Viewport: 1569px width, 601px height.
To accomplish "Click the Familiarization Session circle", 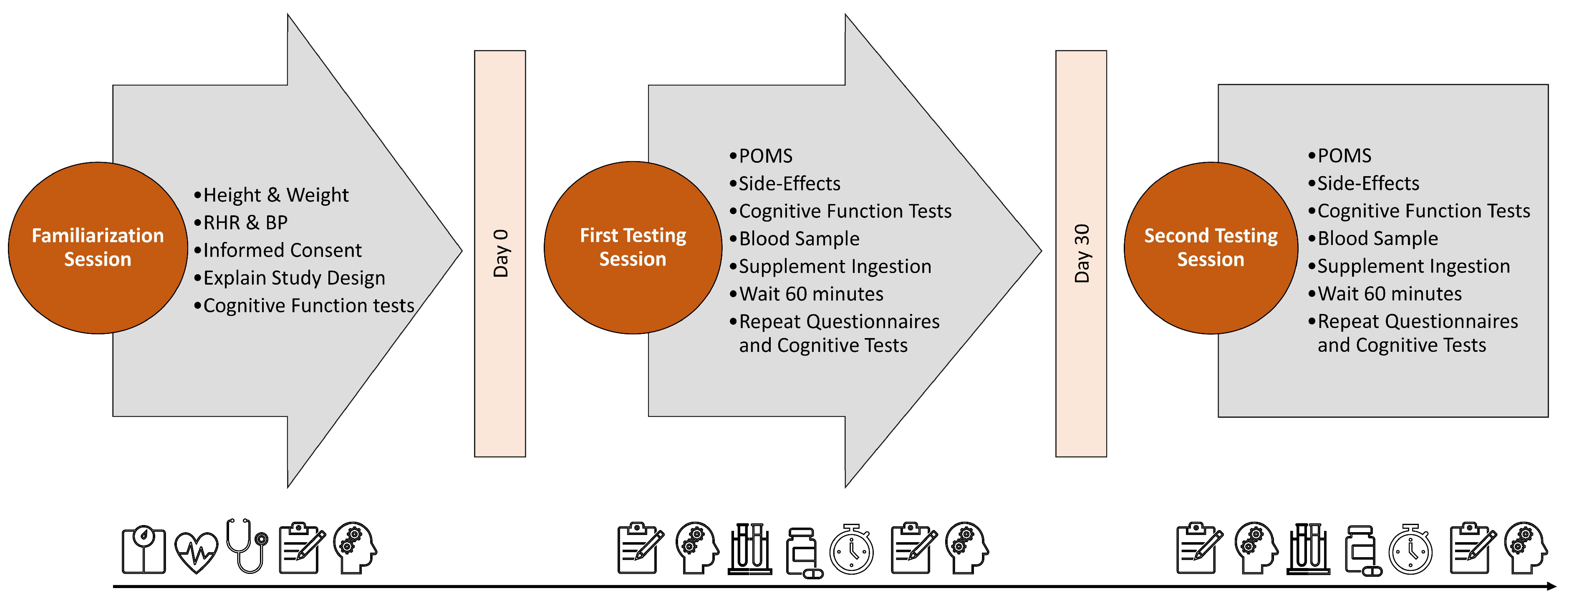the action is coord(98,248).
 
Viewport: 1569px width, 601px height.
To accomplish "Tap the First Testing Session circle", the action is coord(633,248).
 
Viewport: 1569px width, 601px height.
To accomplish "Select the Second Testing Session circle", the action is coord(1211,248).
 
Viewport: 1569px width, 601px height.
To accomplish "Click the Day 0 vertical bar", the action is coord(500,253).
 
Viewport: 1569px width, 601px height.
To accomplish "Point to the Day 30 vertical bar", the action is coord(1081,253).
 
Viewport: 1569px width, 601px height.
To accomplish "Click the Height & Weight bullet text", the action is coord(271,195).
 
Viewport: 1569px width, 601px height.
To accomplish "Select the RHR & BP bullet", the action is coord(241,223).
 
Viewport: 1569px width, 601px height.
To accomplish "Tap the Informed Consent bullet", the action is coord(278,250).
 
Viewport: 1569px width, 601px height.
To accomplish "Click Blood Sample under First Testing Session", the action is coord(795,239).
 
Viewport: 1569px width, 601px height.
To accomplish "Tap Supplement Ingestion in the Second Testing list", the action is coord(1409,267).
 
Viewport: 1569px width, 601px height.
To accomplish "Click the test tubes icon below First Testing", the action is coord(750,549).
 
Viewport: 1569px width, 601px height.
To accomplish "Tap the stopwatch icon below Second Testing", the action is coord(1410,549).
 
